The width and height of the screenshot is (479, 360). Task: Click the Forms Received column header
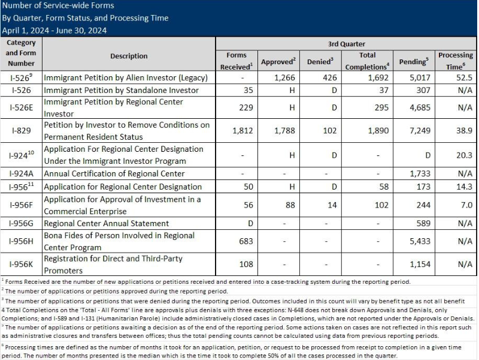click(237, 61)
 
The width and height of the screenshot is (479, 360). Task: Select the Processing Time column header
click(455, 61)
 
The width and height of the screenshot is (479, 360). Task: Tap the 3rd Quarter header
click(346, 44)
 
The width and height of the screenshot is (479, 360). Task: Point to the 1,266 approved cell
click(278, 77)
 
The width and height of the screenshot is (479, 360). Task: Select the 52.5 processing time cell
click(455, 77)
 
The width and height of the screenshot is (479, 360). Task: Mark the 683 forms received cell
click(237, 241)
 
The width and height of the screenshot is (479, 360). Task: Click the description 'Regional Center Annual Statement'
click(107, 224)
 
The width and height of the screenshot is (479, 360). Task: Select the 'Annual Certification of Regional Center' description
click(114, 173)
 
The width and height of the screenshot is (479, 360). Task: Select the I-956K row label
click(22, 264)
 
